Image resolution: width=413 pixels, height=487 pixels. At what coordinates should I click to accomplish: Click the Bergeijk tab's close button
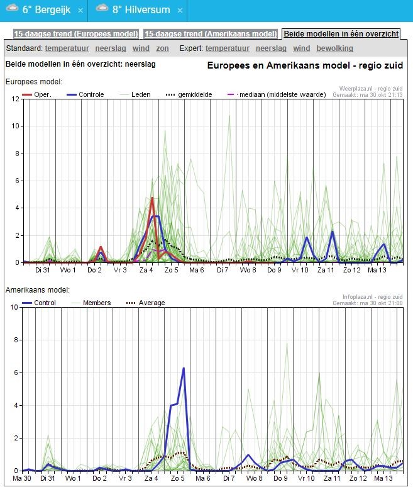tap(80, 11)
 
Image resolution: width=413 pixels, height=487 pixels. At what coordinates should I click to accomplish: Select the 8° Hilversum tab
tap(138, 10)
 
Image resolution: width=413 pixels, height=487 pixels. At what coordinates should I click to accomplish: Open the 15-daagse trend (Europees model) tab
tap(76, 34)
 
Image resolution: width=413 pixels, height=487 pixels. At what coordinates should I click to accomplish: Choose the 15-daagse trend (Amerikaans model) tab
tap(211, 34)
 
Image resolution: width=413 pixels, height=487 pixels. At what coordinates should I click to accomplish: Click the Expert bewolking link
tap(335, 48)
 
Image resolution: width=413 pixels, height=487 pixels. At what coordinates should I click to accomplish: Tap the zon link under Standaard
tap(162, 48)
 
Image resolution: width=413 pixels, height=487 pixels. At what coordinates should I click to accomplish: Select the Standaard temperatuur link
tap(67, 48)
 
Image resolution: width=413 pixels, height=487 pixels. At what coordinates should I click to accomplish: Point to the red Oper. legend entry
tap(36, 94)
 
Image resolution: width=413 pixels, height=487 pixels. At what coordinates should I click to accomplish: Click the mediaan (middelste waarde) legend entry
tap(277, 94)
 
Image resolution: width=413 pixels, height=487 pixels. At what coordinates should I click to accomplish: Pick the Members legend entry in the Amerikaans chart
tap(91, 303)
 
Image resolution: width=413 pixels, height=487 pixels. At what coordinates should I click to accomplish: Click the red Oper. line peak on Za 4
tap(152, 198)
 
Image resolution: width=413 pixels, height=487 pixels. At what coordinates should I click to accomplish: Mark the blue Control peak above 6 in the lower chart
tap(184, 368)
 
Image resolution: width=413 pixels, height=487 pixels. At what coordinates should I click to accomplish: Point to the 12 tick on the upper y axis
tap(15, 99)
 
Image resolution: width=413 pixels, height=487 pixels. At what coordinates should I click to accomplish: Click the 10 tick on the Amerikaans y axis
tap(14, 307)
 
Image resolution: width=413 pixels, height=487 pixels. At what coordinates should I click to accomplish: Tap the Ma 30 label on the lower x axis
tap(22, 478)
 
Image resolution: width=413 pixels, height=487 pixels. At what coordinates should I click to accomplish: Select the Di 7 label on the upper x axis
tap(223, 270)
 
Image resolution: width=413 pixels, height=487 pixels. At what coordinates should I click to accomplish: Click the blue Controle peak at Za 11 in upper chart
tap(333, 232)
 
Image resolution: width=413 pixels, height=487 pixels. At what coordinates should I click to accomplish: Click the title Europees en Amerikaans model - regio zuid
tap(305, 65)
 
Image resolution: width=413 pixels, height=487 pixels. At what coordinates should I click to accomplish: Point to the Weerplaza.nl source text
tap(371, 89)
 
